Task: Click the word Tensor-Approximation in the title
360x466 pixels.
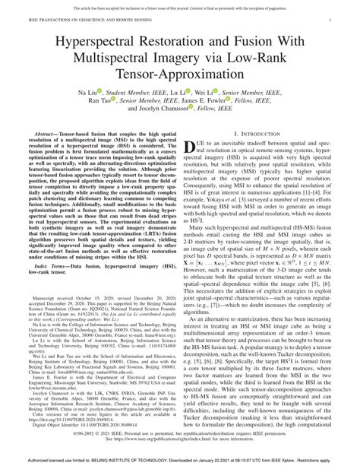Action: coord(180,71)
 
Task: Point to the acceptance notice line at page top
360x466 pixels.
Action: coord(180,5)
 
